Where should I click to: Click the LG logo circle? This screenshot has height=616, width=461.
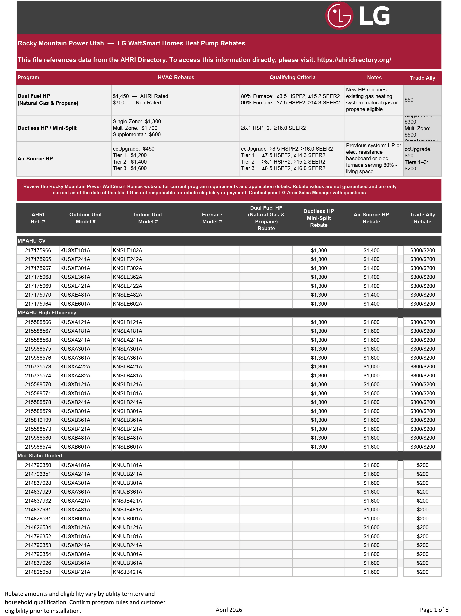(339, 16)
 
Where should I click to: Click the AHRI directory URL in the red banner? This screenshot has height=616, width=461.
(354, 60)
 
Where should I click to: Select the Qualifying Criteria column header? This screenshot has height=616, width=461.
(292, 77)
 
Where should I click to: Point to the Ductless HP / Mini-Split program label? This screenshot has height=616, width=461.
(47, 128)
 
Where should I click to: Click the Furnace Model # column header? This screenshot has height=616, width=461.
(212, 218)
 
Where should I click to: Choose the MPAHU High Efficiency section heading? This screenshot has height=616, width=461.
(47, 313)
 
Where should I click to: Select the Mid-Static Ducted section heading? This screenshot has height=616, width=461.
(40, 456)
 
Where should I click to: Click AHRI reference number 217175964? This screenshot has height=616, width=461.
(38, 304)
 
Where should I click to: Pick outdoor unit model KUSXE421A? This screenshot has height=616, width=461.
(75, 286)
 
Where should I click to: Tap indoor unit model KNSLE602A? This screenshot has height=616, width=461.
(127, 304)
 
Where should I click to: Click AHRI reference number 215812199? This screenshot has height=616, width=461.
(38, 420)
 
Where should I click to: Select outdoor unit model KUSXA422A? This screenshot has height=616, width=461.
(75, 366)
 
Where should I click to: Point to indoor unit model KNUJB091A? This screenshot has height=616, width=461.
(127, 519)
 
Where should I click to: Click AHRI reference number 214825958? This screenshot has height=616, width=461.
(38, 572)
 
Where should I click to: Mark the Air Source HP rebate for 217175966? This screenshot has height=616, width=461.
(371, 250)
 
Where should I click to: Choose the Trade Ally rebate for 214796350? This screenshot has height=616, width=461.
(422, 465)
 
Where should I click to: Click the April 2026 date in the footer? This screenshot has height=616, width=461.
(229, 610)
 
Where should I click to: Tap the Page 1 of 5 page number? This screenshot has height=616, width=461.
(434, 610)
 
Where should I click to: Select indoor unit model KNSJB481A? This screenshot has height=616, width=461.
(127, 510)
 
